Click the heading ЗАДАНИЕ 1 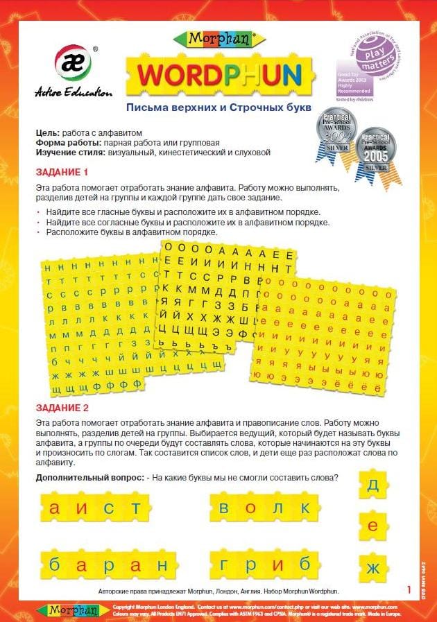coord(62,172)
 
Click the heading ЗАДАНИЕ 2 coord(62,408)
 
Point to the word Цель coord(46,132)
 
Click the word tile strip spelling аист coord(92,509)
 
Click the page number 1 coord(409,589)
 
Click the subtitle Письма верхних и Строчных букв coord(218,108)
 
